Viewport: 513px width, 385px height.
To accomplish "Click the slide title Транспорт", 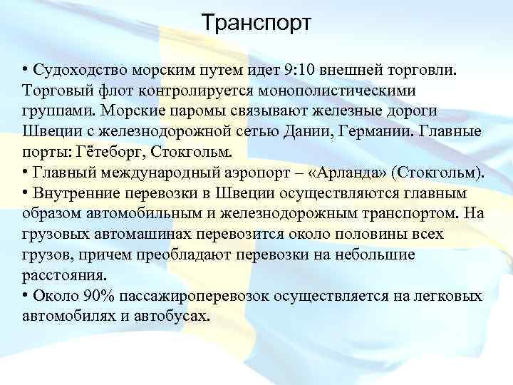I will point(256,24).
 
